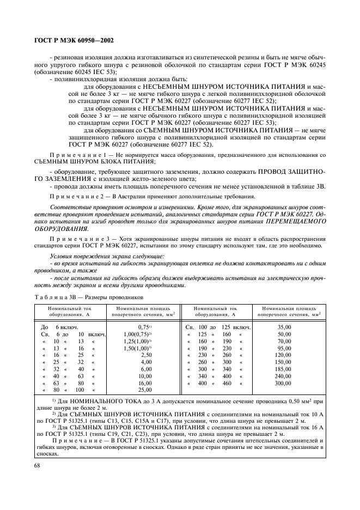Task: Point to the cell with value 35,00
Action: click(x=284, y=326)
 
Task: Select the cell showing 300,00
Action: click(x=284, y=383)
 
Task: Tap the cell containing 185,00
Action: click(x=284, y=369)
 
